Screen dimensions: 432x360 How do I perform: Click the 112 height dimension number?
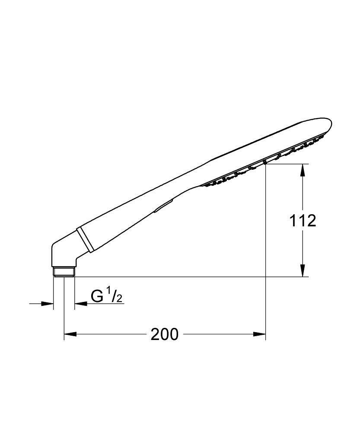coord(303,221)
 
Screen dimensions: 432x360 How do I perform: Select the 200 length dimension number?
coord(164,334)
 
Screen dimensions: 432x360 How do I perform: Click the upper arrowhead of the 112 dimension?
coord(303,169)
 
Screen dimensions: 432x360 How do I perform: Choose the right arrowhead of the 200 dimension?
coord(260,334)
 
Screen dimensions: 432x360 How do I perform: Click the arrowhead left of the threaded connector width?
coord(48,304)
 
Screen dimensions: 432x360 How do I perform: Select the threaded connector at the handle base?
coord(64,272)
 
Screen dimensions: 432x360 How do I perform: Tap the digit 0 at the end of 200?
coord(173,334)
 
